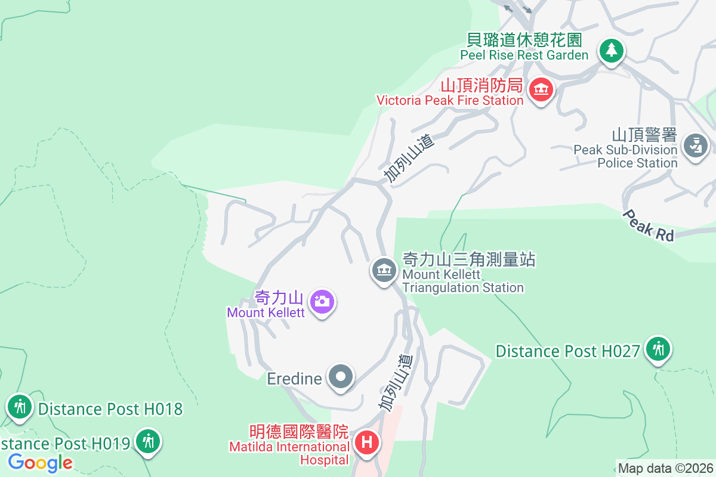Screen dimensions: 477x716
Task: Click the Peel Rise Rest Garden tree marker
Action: pyautogui.click(x=611, y=51)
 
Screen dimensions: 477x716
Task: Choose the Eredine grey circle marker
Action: pyautogui.click(x=341, y=377)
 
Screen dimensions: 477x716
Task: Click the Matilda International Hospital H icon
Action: pyautogui.click(x=367, y=443)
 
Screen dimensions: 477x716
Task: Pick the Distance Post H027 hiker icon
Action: pyautogui.click(x=659, y=349)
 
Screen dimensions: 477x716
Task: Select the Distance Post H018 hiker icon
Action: pyautogui.click(x=20, y=407)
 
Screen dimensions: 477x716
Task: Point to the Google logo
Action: pyautogui.click(x=40, y=462)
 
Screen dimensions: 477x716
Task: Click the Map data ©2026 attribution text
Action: pyautogui.click(x=665, y=468)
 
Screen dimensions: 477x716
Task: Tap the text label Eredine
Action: pyautogui.click(x=295, y=378)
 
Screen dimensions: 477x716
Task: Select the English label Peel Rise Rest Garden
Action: pyautogui.click(x=524, y=55)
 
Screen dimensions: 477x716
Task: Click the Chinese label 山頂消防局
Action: pyautogui.click(x=482, y=86)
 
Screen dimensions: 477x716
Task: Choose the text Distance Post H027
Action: pyautogui.click(x=567, y=351)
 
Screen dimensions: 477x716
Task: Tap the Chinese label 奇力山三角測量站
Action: pyautogui.click(x=469, y=259)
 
